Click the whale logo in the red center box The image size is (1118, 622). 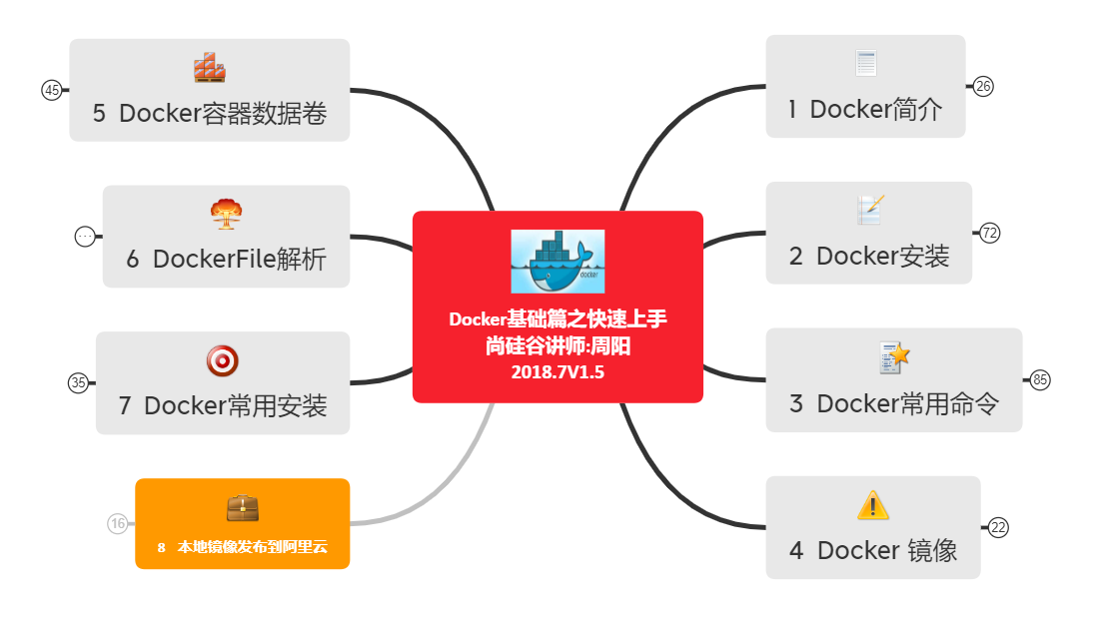click(558, 261)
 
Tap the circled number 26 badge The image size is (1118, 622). click(983, 86)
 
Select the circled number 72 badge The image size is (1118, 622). click(990, 233)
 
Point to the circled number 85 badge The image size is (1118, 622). click(1040, 379)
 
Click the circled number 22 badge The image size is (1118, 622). click(998, 528)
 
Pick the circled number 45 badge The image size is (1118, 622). click(52, 90)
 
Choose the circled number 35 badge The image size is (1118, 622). click(78, 382)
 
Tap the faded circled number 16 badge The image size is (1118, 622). click(118, 523)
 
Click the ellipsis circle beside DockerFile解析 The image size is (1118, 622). click(85, 237)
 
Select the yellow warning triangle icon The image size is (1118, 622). click(872, 505)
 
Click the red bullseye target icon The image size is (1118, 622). click(222, 360)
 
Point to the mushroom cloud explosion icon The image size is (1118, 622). click(226, 214)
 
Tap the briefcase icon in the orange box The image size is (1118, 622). click(242, 508)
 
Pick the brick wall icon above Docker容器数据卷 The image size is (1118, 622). click(210, 67)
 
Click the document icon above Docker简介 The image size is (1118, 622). click(865, 64)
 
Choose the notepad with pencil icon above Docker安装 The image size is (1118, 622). click(869, 210)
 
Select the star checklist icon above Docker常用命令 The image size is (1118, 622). click(894, 356)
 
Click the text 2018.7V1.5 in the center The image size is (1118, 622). click(558, 372)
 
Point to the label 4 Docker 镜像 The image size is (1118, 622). click(872, 550)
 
